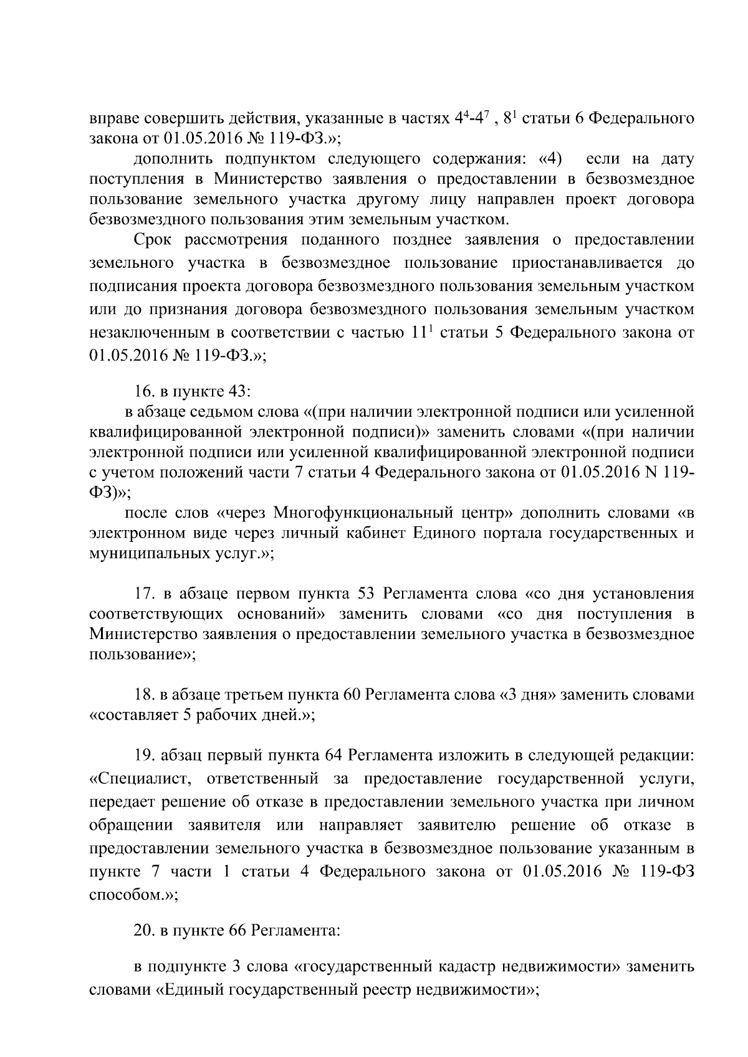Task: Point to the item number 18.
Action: coord(144,694)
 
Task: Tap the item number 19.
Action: coord(144,756)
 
